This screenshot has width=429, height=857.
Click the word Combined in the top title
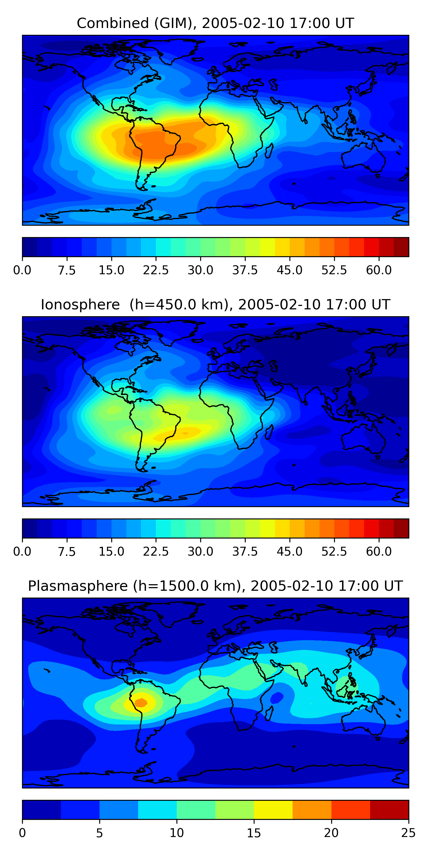113,23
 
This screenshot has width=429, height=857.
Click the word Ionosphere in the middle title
80,305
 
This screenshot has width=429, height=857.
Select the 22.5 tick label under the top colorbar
156,270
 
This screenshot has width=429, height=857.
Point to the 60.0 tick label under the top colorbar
379,270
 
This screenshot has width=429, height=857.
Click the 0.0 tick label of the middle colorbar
22,552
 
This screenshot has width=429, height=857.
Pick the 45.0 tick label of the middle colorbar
289,552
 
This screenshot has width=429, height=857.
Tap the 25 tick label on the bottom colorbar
408,833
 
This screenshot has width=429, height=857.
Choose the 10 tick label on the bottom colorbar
176,833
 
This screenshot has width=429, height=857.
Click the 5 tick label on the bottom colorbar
99,833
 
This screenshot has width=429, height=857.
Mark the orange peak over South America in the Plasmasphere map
141,702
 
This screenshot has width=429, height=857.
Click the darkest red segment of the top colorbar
401,247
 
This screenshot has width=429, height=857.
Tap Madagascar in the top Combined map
269,150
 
